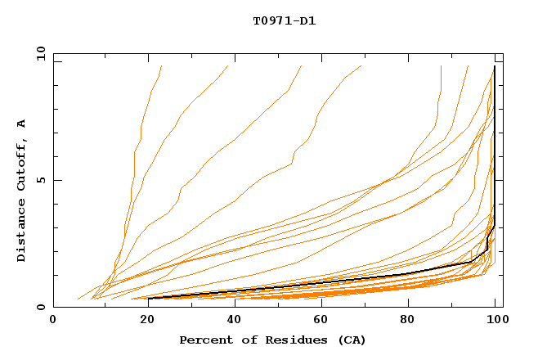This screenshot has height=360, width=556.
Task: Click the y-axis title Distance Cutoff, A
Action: [21, 190]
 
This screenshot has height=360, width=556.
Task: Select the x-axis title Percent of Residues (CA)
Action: [272, 340]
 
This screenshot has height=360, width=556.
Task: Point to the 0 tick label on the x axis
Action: [53, 321]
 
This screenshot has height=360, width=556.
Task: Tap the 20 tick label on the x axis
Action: [142, 321]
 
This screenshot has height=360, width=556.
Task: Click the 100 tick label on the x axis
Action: [495, 321]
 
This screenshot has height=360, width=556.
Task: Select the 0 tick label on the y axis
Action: [41, 308]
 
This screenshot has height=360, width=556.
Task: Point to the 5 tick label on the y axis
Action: [41, 180]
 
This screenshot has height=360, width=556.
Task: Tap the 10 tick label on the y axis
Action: [38, 53]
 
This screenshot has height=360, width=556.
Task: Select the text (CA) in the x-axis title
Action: [351, 340]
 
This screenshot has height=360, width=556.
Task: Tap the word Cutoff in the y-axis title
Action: [21, 166]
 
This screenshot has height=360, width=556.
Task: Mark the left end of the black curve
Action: [149, 298]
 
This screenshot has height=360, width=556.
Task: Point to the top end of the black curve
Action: [495, 66]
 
